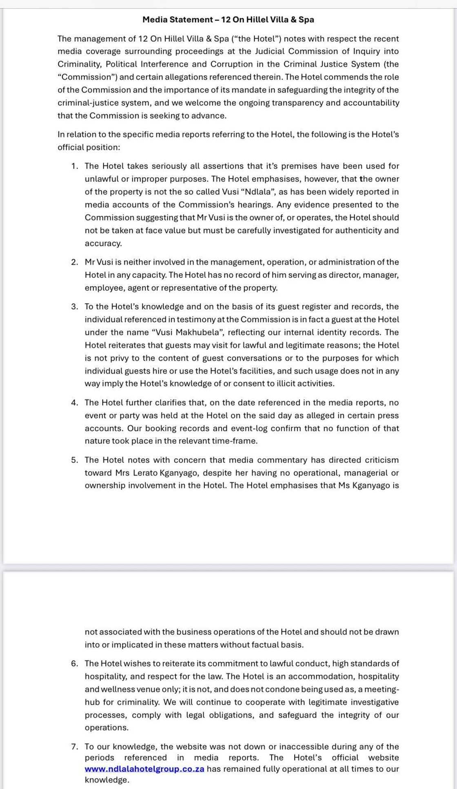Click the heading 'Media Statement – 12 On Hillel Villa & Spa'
point(228,20)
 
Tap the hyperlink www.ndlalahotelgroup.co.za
point(144,769)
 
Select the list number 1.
point(74,166)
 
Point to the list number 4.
point(74,403)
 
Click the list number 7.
point(74,747)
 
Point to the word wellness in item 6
point(115,690)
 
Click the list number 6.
point(74,663)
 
